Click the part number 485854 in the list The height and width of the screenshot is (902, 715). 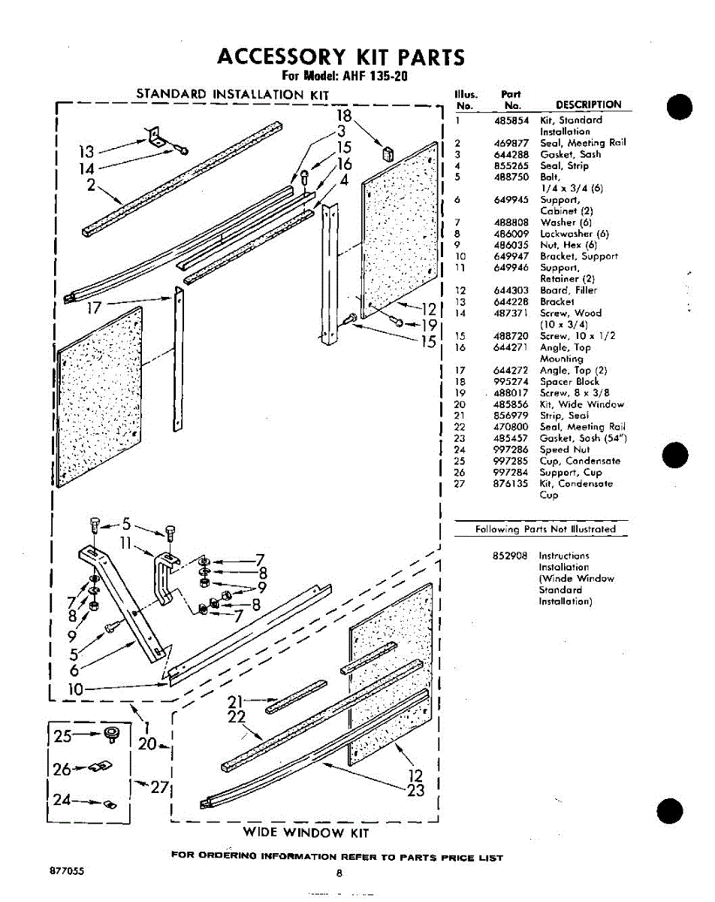click(511, 120)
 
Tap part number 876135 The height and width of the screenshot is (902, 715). click(511, 484)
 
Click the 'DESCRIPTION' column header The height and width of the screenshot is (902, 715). click(588, 105)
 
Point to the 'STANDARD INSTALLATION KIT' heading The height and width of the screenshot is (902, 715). click(232, 95)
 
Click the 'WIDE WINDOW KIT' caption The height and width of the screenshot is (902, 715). click(306, 832)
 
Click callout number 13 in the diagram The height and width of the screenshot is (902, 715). click(87, 153)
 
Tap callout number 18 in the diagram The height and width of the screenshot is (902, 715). click(343, 116)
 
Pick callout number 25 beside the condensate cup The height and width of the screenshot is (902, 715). click(64, 737)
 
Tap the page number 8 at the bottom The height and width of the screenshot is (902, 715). click(339, 873)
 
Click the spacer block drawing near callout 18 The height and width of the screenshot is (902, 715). click(388, 154)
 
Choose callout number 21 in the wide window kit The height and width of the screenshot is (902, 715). click(237, 703)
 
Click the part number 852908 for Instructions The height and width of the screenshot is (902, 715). click(511, 555)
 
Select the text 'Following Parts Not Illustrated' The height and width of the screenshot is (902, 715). click(545, 529)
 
